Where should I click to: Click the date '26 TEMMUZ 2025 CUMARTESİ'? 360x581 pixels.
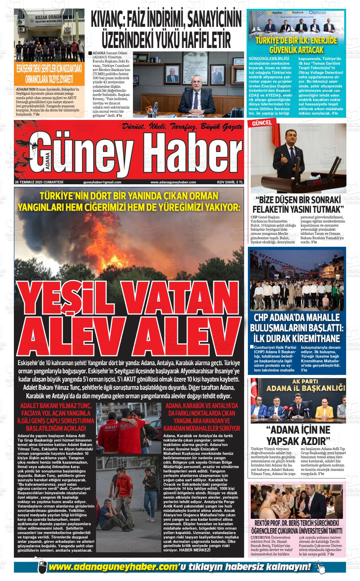tap(39, 182)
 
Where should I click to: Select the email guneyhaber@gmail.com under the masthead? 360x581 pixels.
tap(102, 182)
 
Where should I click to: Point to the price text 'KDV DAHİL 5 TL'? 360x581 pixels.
tap(230, 182)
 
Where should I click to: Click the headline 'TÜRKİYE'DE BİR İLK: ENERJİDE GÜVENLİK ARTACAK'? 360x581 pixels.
tap(296, 45)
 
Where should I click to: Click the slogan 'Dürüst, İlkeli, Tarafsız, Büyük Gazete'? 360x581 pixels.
tap(183, 127)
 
